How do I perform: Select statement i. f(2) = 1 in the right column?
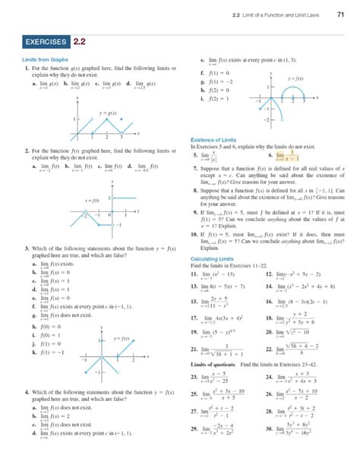tap(213, 99)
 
